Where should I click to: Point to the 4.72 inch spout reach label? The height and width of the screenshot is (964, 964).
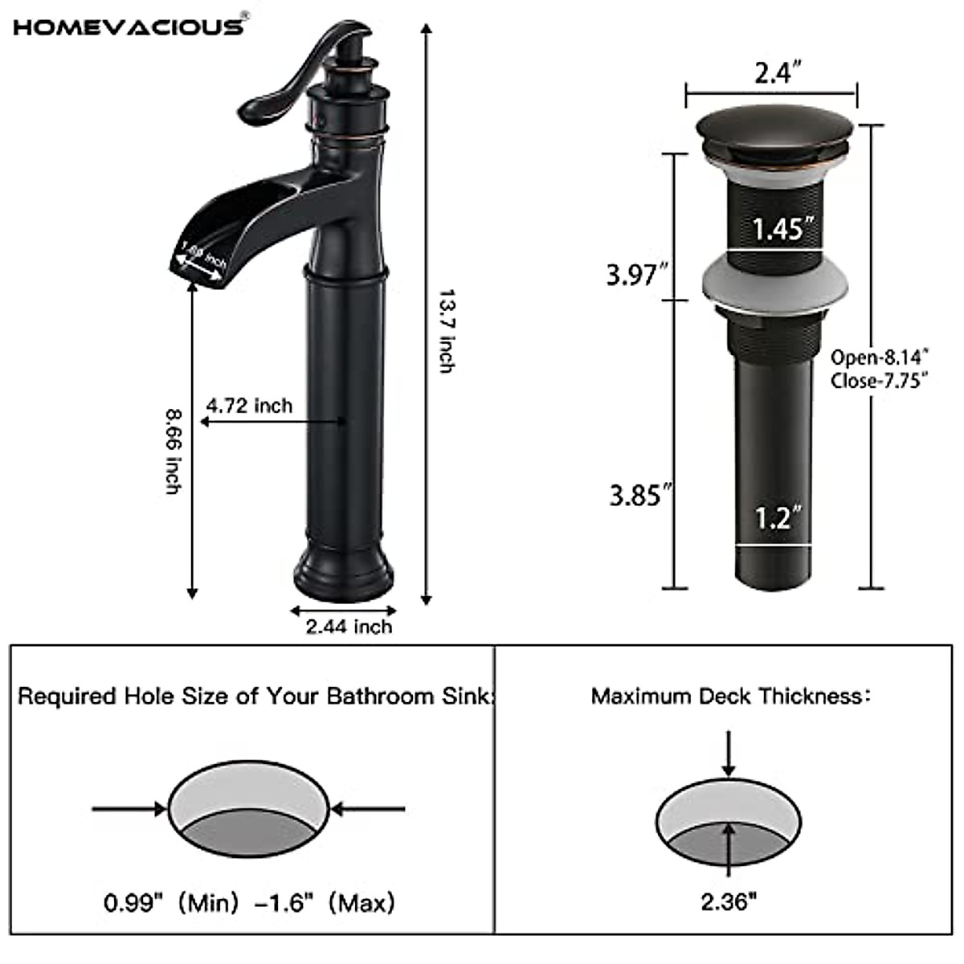click(x=250, y=405)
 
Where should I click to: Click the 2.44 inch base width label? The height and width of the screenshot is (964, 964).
click(x=349, y=627)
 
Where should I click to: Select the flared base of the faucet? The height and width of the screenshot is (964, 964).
click(x=344, y=569)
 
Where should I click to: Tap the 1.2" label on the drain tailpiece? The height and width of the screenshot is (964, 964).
click(x=774, y=518)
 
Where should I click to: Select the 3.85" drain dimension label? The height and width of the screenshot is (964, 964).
click(x=639, y=495)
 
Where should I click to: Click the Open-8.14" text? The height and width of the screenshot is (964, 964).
click(x=880, y=357)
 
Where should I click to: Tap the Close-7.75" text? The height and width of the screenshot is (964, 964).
click(x=880, y=379)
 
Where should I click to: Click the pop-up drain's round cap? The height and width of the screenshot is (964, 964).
click(x=774, y=130)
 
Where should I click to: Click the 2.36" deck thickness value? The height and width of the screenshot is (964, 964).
click(x=729, y=902)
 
